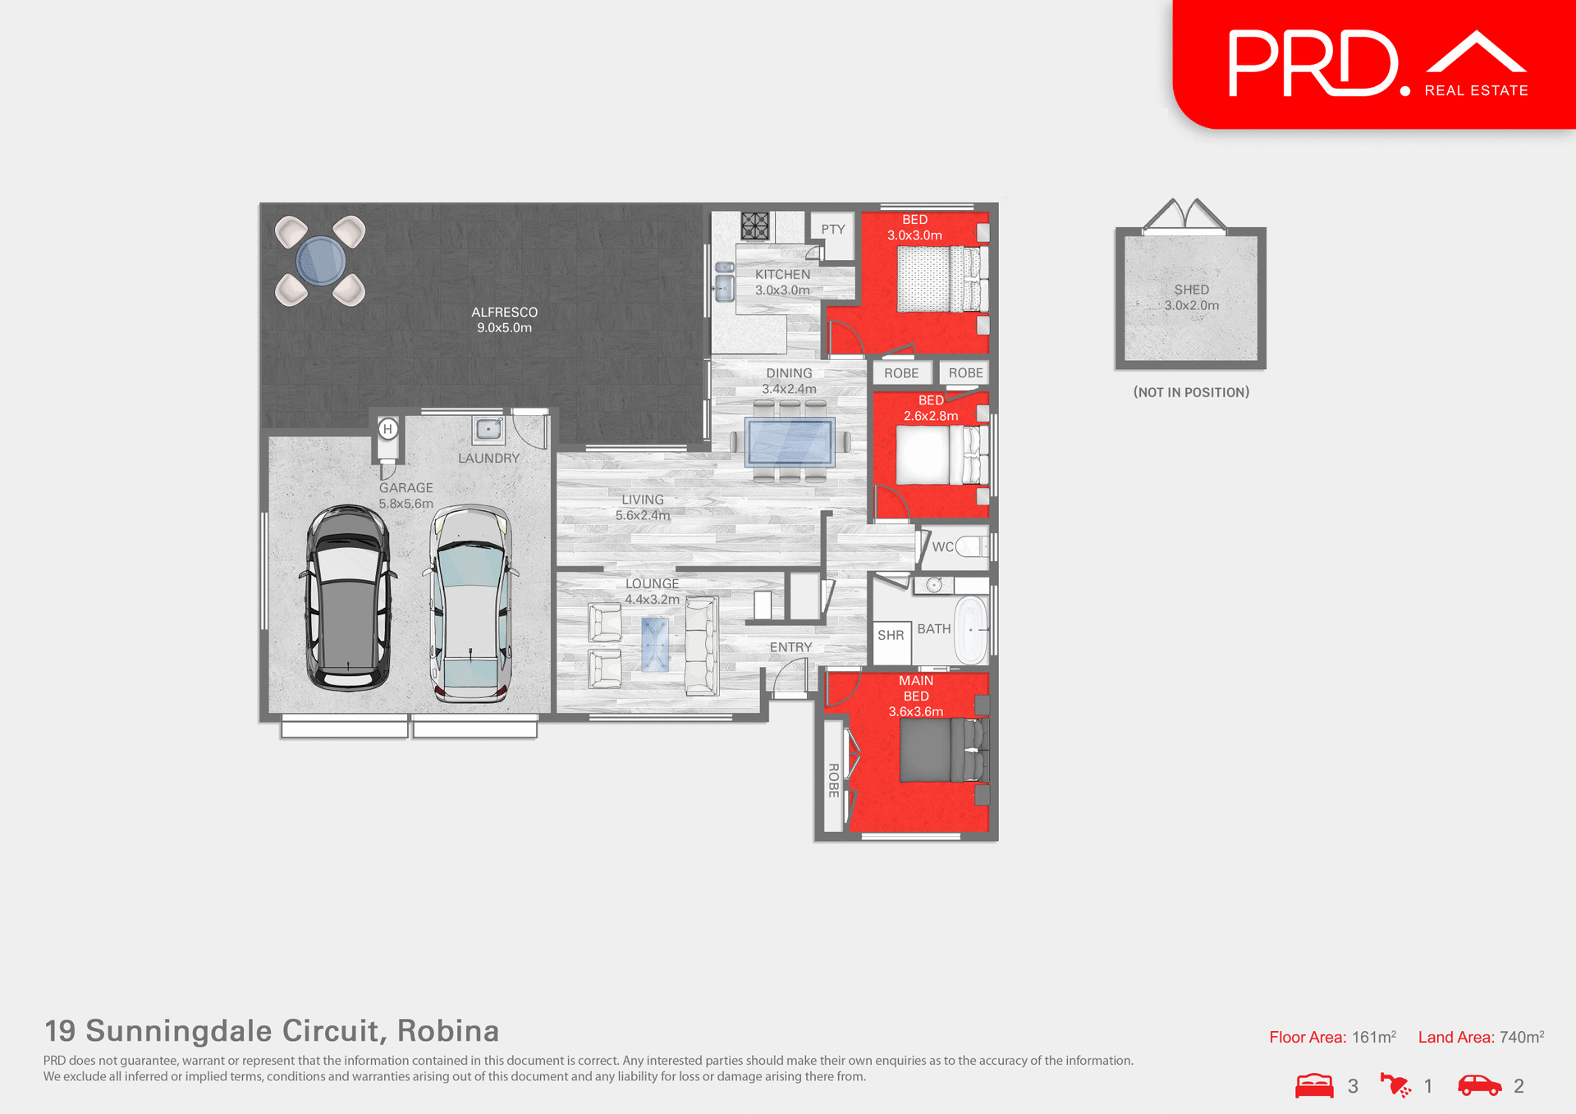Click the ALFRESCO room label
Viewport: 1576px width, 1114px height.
[504, 319]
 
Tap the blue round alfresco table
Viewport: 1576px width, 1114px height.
[320, 260]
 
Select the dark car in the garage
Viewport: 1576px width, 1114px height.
[348, 598]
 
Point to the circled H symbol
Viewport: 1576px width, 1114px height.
[388, 428]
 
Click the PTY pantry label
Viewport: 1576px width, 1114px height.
[832, 230]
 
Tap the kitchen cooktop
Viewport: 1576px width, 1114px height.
[754, 226]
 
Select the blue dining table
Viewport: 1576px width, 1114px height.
[790, 442]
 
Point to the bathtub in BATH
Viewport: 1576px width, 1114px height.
[971, 630]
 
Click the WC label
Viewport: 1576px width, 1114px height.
[942, 547]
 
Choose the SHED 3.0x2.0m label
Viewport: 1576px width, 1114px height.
[1191, 298]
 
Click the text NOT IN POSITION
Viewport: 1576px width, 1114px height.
[1191, 392]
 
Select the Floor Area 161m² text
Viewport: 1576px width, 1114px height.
[1332, 1037]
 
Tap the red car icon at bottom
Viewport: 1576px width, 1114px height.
[1479, 1085]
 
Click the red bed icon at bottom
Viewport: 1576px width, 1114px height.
[1314, 1085]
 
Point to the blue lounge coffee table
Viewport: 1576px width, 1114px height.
[655, 645]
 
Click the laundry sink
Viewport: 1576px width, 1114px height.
[488, 429]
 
